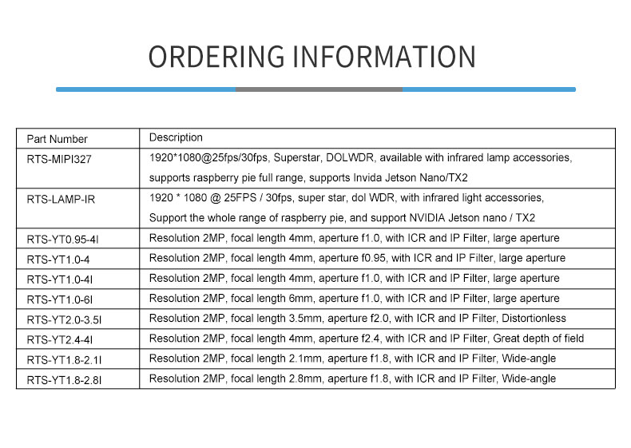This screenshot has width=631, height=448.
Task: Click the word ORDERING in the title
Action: coord(216,57)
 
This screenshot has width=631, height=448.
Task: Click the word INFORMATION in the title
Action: coord(385,57)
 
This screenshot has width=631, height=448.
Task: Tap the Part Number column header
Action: coord(58,139)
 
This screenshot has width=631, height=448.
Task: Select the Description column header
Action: coord(176,137)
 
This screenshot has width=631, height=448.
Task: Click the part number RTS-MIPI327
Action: coord(59,159)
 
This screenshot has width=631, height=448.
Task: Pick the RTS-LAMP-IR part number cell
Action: coord(61,199)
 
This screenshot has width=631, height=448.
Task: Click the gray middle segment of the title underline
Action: coord(318,89)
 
